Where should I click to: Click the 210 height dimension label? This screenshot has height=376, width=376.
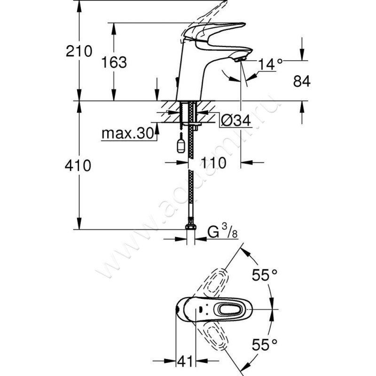pos(78,50)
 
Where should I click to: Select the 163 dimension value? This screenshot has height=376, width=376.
pos(114,62)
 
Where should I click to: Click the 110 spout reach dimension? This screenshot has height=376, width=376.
pos(213,163)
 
